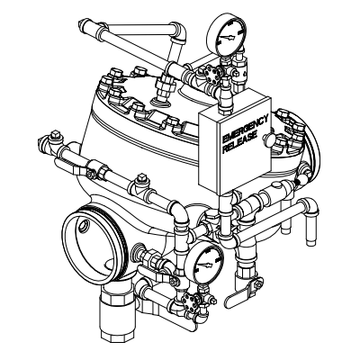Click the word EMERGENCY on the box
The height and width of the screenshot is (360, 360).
pos(246,129)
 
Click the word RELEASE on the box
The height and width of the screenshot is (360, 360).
pos(240,142)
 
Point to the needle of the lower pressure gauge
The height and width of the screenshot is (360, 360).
pos(204,265)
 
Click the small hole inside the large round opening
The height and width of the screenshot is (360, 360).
pos(84,225)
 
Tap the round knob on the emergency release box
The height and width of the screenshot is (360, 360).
pos(268,139)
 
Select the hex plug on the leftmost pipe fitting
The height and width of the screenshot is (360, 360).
pos(55,135)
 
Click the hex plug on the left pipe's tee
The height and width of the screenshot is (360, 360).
pos(142,178)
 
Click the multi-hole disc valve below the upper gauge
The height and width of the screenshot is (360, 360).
pos(211,72)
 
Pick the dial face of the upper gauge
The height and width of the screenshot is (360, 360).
pos(227,37)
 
